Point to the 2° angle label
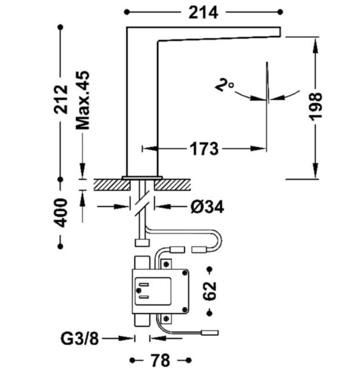(224, 87)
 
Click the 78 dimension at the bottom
(159, 360)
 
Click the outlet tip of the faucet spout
(278, 32)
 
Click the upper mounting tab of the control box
(141, 263)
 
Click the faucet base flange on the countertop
(142, 177)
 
